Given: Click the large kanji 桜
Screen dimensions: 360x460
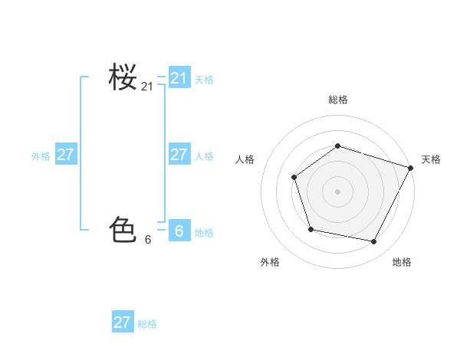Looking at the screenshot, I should pos(123,77).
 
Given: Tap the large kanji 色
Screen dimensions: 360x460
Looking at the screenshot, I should pos(123,229).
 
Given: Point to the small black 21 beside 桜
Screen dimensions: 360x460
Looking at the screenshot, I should pos(147,87).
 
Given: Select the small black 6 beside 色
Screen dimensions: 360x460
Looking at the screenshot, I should pos(147,240).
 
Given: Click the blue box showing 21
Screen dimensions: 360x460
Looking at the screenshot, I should pos(179,78).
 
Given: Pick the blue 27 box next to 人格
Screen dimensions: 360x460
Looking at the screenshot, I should pos(179,155).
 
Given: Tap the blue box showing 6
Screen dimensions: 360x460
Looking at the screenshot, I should pos(179,231).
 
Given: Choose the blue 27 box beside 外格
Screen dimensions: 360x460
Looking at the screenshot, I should pos(66,155).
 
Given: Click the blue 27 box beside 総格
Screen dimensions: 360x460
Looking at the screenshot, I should pos(123,322).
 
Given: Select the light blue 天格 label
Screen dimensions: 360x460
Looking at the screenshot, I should pos(204,80).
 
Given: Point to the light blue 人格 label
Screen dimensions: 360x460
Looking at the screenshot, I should pos(204,156).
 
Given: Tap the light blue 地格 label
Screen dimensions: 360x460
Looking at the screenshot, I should pos(204,233).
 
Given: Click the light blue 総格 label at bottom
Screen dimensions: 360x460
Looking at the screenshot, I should pos(147,324).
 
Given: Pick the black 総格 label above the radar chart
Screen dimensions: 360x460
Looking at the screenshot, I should pos(337,100).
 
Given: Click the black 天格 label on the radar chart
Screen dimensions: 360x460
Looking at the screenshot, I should pos(431,159).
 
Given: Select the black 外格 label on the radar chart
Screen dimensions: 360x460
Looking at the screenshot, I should pos(270,263).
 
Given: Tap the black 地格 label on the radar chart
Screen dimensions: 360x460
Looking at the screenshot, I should pos(402,263).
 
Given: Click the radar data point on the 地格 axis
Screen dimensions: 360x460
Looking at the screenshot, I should pos(374,242).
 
